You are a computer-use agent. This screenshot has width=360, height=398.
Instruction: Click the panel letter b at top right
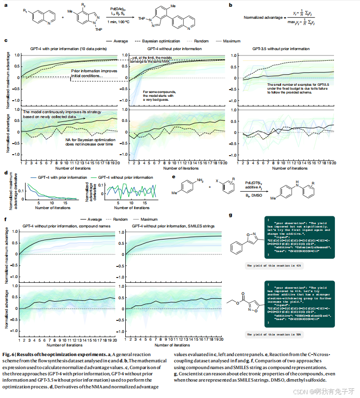(x=230, y=5)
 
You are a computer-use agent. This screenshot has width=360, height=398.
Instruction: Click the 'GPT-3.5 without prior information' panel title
(x=281, y=49)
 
